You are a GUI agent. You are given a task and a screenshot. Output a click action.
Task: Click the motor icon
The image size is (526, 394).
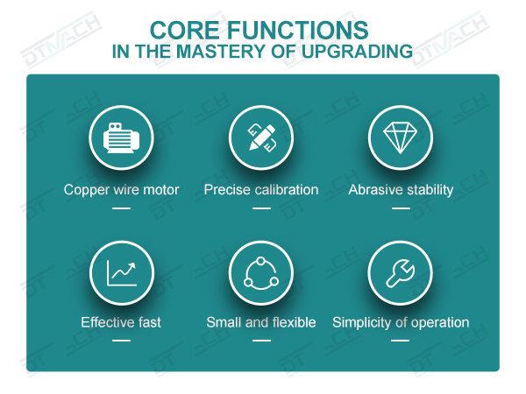click(121, 137)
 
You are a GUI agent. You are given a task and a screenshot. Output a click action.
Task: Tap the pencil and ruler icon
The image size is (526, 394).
click(261, 137)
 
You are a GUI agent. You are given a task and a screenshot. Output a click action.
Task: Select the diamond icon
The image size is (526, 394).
click(401, 137)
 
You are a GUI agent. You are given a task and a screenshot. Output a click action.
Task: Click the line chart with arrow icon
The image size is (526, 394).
click(122, 273)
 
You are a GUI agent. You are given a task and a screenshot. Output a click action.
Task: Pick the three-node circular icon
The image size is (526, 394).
click(261, 273)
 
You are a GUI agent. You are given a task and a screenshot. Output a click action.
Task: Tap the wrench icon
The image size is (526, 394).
click(401, 273)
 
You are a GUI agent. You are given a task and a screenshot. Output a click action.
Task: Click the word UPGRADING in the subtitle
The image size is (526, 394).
click(357, 52)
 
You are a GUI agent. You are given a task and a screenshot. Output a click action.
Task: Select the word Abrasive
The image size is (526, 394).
click(372, 190)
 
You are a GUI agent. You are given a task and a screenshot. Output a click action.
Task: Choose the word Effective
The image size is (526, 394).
click(105, 322)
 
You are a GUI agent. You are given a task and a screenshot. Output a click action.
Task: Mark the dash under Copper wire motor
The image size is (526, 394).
click(122, 208)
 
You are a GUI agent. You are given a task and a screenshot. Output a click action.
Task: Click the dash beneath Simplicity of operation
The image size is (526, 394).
click(401, 341)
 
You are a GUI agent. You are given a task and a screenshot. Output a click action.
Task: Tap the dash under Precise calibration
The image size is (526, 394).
click(261, 208)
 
